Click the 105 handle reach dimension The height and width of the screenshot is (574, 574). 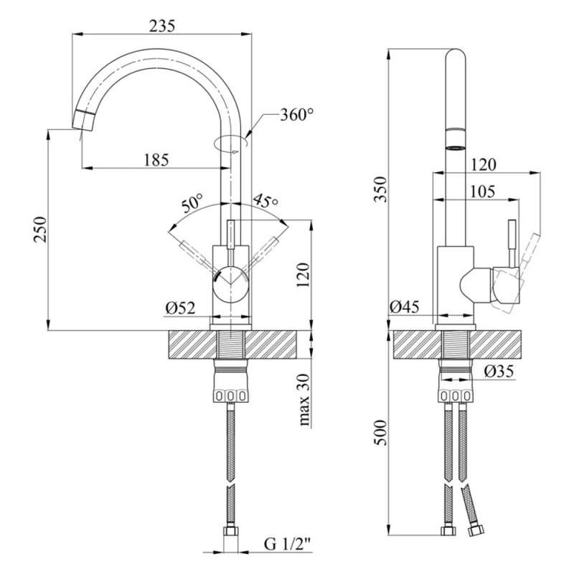tap(482, 191)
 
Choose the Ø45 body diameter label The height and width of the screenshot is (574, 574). tap(404, 308)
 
